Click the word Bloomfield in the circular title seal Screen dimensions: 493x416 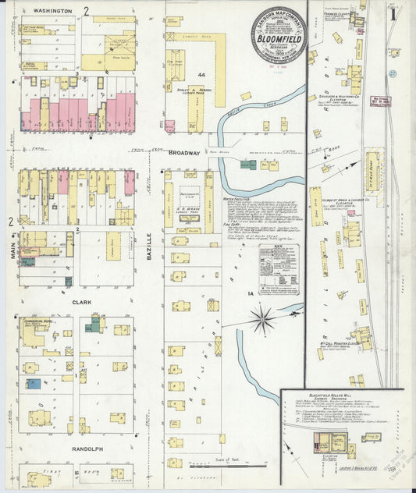point(278,35)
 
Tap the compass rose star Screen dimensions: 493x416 point(263,318)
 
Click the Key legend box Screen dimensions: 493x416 point(279,269)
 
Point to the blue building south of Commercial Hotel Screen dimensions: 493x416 point(34,384)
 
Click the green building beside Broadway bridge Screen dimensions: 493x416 point(248,165)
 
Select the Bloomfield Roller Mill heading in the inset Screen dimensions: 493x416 point(319,396)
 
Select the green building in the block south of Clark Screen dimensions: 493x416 point(92,326)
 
